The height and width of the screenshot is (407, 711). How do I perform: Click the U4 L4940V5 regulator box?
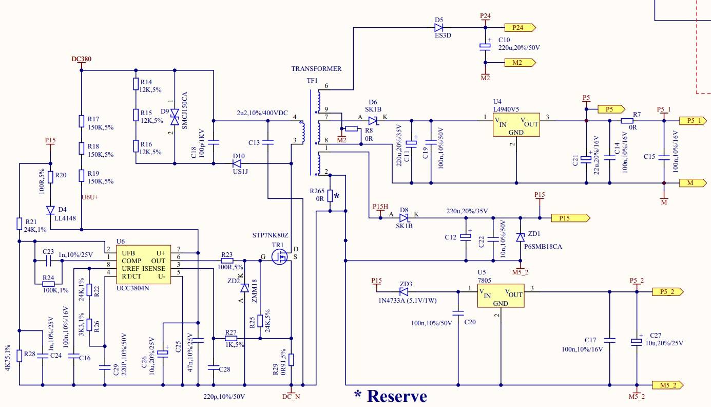[516, 124]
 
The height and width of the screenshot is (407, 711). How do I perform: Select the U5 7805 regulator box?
[501, 295]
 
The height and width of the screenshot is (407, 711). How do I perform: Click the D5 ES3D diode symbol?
[438, 28]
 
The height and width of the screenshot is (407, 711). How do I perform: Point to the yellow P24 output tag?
[520, 28]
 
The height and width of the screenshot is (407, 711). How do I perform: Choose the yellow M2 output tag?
[520, 63]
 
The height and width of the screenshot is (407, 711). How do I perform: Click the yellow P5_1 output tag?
[694, 121]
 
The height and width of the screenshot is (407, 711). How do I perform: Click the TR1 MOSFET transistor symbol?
[280, 256]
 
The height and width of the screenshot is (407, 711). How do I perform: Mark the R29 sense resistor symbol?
[291, 359]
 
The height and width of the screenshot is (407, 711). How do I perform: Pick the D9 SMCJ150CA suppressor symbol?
[175, 117]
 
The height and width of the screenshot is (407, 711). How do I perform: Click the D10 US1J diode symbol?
[237, 164]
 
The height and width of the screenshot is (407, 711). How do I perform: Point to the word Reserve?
[397, 396]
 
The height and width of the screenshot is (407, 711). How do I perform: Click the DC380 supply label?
[82, 60]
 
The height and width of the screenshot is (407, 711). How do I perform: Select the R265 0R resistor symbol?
[330, 196]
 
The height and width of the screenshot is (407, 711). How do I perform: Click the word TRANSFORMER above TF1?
[316, 68]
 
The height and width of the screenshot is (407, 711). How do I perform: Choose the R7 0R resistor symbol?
[627, 121]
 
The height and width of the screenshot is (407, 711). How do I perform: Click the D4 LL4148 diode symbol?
[50, 210]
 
